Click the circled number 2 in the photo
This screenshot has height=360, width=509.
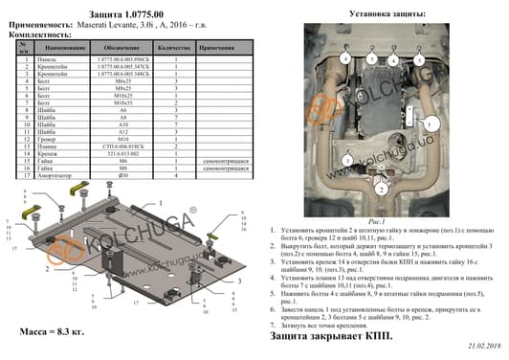tap(383, 190)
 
